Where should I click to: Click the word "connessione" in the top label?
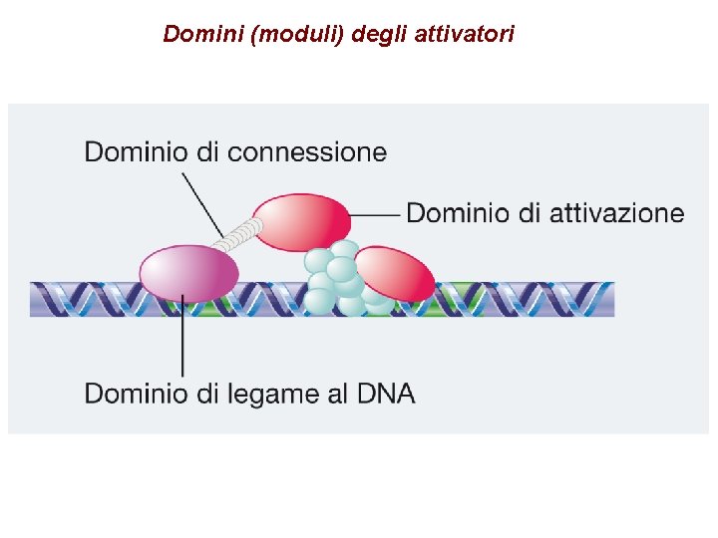306,152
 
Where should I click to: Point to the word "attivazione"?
617,212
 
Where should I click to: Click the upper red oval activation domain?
301,221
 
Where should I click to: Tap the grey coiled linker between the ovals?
239,236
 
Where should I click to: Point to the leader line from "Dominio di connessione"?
201,203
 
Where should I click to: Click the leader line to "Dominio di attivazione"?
376,214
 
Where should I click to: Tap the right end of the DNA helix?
603,299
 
